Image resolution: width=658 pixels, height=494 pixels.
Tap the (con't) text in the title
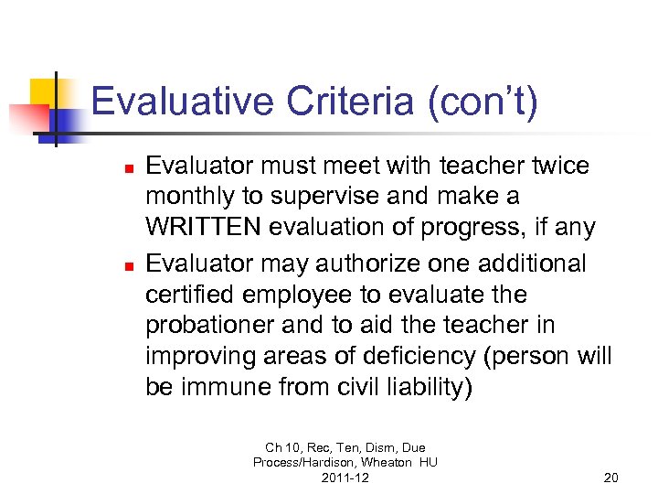tap(482, 101)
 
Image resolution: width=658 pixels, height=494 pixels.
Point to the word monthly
tap(193, 197)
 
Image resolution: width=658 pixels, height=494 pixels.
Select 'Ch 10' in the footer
tap(277, 448)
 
